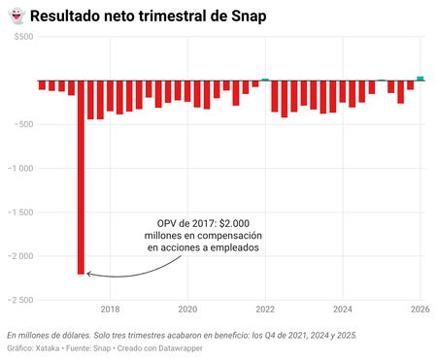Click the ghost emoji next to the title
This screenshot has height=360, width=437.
pyautogui.click(x=15, y=16)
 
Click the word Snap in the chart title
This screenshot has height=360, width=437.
pyautogui.click(x=248, y=16)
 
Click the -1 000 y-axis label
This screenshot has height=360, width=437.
pyautogui.click(x=18, y=168)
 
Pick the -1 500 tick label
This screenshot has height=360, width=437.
pyautogui.click(x=18, y=212)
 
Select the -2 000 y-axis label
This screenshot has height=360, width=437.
pyautogui.click(x=18, y=255)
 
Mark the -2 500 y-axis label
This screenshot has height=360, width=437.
pyautogui.click(x=18, y=299)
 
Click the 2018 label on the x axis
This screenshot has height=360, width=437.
pyautogui.click(x=110, y=310)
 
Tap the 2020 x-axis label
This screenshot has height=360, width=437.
pyautogui.click(x=187, y=310)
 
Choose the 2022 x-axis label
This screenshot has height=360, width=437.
pyautogui.click(x=265, y=310)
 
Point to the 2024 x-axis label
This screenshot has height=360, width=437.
pyautogui.click(x=343, y=310)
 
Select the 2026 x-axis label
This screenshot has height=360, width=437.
pyautogui.click(x=419, y=310)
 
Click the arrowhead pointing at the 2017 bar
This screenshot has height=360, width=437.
pyautogui.click(x=88, y=274)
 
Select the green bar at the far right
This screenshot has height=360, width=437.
pyautogui.click(x=420, y=78)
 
